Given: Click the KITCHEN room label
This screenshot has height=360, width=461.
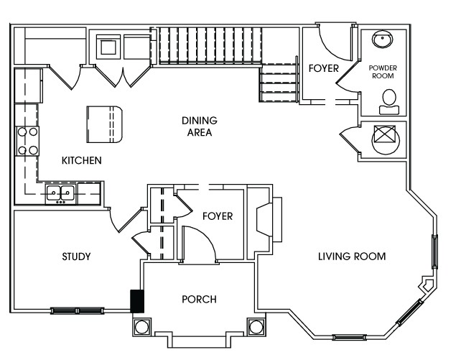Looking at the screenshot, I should point(81,160).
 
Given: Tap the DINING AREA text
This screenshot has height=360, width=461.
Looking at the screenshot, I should point(199,126).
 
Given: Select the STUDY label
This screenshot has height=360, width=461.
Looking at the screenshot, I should point(75,257).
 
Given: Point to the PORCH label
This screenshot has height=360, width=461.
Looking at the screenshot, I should point(199,299).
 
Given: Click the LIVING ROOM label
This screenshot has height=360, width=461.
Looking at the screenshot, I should point(352,257).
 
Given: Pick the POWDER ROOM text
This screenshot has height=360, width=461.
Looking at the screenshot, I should point(383,71).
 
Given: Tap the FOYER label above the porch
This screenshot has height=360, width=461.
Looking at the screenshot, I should point(217,216).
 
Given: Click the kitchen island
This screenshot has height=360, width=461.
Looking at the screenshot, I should point(105,122).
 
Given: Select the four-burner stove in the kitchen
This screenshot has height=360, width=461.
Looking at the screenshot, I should point(28,141).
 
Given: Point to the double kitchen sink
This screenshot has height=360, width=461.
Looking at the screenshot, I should point(61,193).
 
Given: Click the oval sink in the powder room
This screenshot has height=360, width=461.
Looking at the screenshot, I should point(381,41).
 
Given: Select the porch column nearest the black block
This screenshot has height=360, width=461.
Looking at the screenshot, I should point(141,327).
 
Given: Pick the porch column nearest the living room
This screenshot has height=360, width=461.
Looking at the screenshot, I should point(256,327).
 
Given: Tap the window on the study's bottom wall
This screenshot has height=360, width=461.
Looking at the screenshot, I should point(76,311).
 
